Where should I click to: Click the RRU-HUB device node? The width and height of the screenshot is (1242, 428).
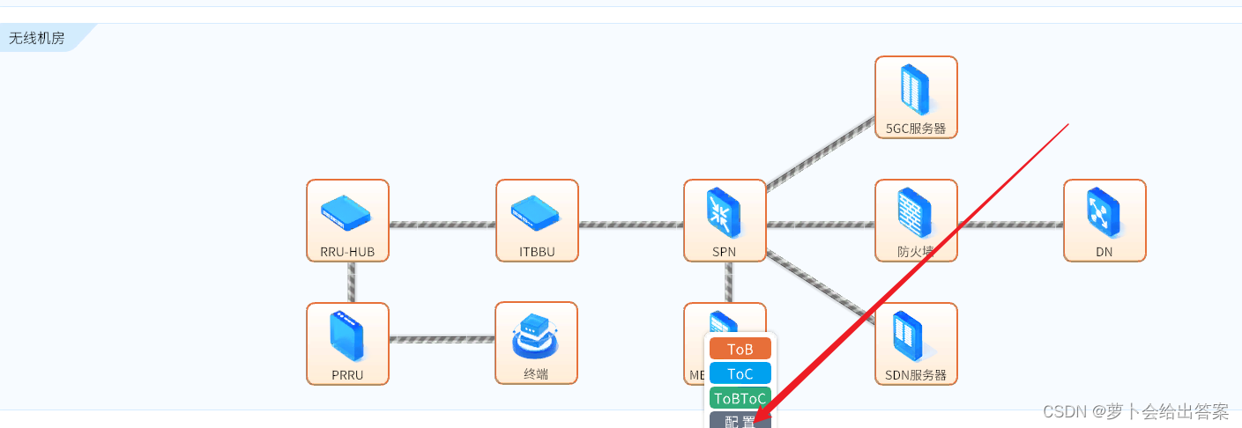[x=347, y=220]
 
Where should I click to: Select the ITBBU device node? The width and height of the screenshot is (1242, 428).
[x=537, y=220]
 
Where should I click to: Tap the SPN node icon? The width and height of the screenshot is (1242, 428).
[x=725, y=220]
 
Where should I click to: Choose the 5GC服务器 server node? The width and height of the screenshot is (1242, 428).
[x=916, y=97]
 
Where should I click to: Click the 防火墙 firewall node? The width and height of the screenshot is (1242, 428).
[x=916, y=220]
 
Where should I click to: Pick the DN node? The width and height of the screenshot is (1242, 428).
[x=1104, y=220]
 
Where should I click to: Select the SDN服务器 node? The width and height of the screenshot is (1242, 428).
[x=916, y=343]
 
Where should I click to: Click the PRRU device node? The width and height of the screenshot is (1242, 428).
[x=347, y=343]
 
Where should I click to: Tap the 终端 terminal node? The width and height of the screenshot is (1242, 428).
[x=536, y=343]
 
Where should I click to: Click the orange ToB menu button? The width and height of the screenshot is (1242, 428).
[x=740, y=349]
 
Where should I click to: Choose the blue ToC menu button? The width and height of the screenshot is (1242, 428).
[x=740, y=373]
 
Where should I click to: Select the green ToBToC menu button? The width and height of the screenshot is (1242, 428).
[x=740, y=398]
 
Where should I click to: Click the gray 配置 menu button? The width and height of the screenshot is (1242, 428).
[x=740, y=422]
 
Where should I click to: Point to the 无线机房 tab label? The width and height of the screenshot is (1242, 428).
[x=37, y=38]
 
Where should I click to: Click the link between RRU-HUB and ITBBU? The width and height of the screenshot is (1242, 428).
[x=442, y=225]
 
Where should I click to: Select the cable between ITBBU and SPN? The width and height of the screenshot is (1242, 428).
[x=631, y=225]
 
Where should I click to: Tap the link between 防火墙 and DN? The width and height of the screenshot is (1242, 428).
[x=1010, y=225]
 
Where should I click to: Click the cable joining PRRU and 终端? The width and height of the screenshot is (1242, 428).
[x=442, y=339]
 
